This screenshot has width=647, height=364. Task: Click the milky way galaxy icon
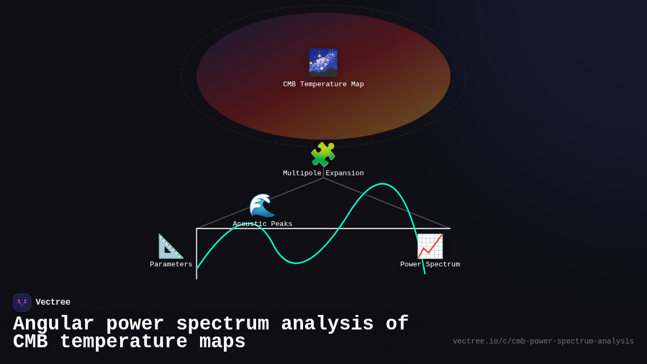(323, 63)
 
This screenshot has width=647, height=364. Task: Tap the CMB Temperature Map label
(323, 85)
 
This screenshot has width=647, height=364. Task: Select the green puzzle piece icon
(323, 155)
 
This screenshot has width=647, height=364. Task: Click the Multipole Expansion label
(323, 174)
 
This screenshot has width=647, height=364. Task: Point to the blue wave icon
(262, 205)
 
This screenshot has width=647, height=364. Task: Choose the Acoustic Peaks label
(263, 224)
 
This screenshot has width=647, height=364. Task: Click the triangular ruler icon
(171, 246)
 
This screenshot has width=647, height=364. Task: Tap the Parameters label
(171, 265)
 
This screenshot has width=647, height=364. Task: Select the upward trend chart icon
(430, 246)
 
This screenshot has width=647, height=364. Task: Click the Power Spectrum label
(430, 265)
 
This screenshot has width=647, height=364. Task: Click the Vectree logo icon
(22, 303)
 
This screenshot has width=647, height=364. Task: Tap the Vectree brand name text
(53, 303)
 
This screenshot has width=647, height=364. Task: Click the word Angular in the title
(53, 324)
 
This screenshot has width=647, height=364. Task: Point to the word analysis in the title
(327, 324)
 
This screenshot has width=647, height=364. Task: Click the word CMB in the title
(30, 342)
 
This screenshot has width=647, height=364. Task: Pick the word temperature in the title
(123, 342)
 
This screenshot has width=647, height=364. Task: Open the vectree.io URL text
(543, 341)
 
